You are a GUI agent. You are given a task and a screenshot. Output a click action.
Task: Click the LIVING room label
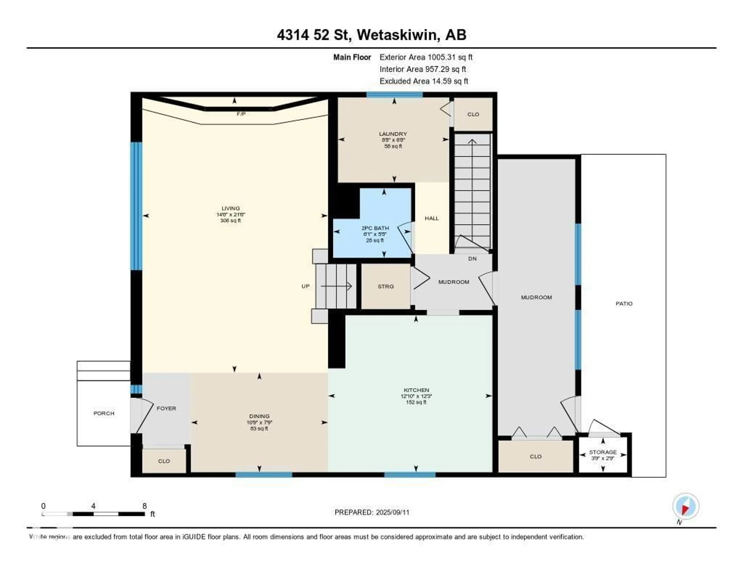231,208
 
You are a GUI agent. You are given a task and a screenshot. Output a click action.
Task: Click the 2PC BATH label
375,228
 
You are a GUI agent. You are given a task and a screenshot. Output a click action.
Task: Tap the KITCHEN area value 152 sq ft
416,402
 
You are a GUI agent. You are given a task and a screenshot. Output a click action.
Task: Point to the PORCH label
104,413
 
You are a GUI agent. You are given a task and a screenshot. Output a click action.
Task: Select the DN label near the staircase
472,259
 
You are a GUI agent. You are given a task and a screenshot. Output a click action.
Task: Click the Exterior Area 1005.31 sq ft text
426,57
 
